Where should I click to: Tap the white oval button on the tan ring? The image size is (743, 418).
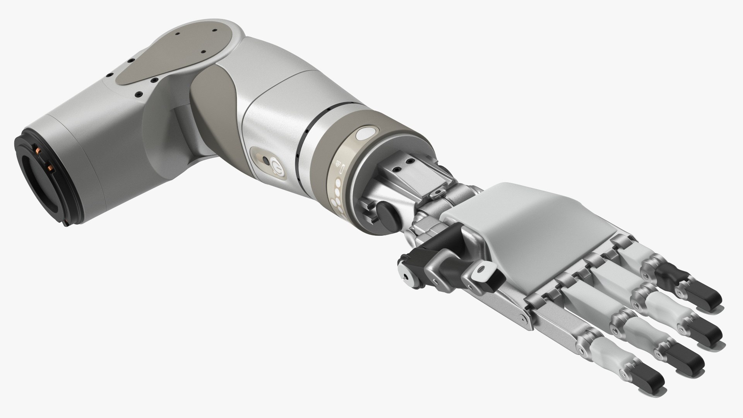tap(364, 134)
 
